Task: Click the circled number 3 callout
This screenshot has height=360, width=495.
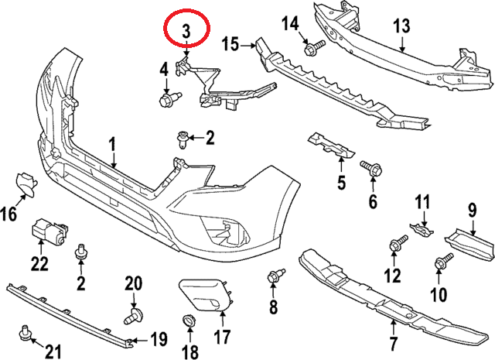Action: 186,31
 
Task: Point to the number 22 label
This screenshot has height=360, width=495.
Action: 39,264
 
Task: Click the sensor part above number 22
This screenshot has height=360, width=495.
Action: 49,230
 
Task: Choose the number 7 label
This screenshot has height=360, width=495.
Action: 393,342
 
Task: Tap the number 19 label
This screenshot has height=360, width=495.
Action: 159,338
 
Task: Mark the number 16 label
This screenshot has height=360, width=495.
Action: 9,214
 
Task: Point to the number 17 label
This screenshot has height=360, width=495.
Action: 222,338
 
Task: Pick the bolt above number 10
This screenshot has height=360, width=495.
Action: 444,262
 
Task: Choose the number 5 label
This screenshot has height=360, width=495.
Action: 341,183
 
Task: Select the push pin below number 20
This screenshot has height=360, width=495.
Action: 134,314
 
